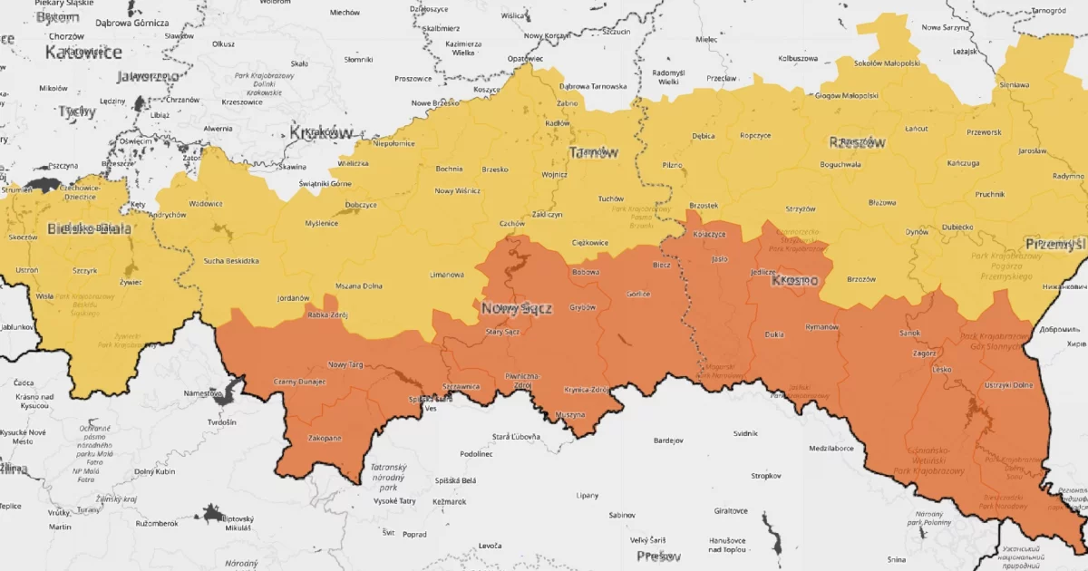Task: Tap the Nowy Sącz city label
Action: pyautogui.click(x=517, y=309)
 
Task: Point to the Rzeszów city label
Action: pyautogui.click(x=856, y=142)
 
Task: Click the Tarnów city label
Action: pyautogui.click(x=593, y=152)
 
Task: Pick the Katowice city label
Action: pyautogui.click(x=83, y=53)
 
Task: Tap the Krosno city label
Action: pyautogui.click(x=794, y=281)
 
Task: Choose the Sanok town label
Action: pyautogui.click(x=909, y=334)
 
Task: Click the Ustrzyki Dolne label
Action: pyautogui.click(x=1009, y=385)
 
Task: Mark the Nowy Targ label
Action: pyautogui.click(x=345, y=363)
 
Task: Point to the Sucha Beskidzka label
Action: pyautogui.click(x=232, y=261)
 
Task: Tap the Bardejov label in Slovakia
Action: pyautogui.click(x=668, y=440)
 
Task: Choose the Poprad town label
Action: pyautogui.click(x=414, y=534)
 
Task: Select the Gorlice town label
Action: pyautogui.click(x=638, y=295)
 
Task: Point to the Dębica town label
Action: pyautogui.click(x=703, y=136)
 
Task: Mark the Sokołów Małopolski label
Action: pyautogui.click(x=888, y=63)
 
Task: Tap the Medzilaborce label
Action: pyautogui.click(x=831, y=448)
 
